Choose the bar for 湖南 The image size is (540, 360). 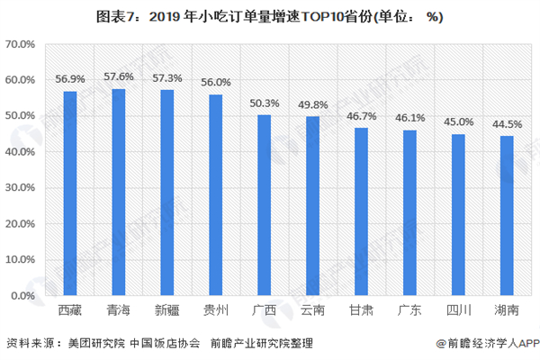[507, 215]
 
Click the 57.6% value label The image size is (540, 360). [119, 78]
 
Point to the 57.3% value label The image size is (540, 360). [167, 79]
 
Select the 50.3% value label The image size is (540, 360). [265, 103]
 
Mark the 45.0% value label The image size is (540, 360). [458, 122]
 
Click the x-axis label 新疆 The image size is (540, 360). [167, 310]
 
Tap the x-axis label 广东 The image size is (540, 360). [409, 310]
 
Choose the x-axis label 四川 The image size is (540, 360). [458, 310]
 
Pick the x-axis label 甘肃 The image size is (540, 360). [361, 310]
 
